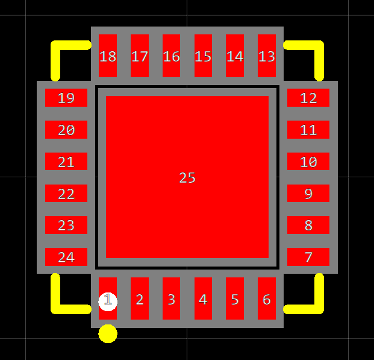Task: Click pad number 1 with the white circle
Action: pos(108,300)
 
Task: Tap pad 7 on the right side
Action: pos(308,257)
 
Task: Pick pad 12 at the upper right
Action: pos(308,98)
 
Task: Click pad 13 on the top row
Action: pos(266,56)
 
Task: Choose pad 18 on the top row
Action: pos(108,56)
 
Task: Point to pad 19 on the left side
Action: pos(66,98)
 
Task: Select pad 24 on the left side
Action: pos(66,257)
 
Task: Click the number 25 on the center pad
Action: pos(187,178)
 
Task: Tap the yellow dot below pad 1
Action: pos(108,333)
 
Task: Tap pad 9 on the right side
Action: pos(308,193)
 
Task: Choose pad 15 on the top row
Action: pos(203,56)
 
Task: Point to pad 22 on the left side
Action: pos(66,193)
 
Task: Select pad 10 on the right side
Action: pos(308,161)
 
